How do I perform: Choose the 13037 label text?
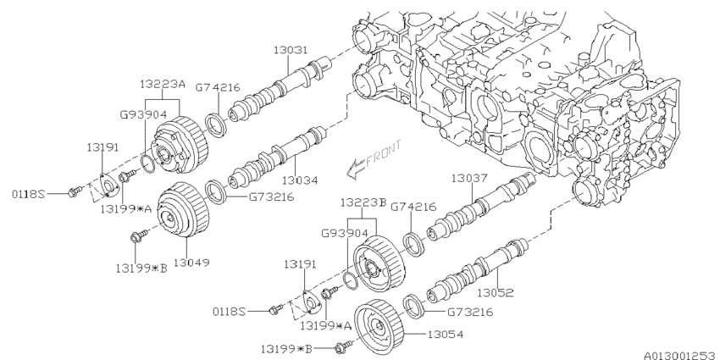click(468, 179)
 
